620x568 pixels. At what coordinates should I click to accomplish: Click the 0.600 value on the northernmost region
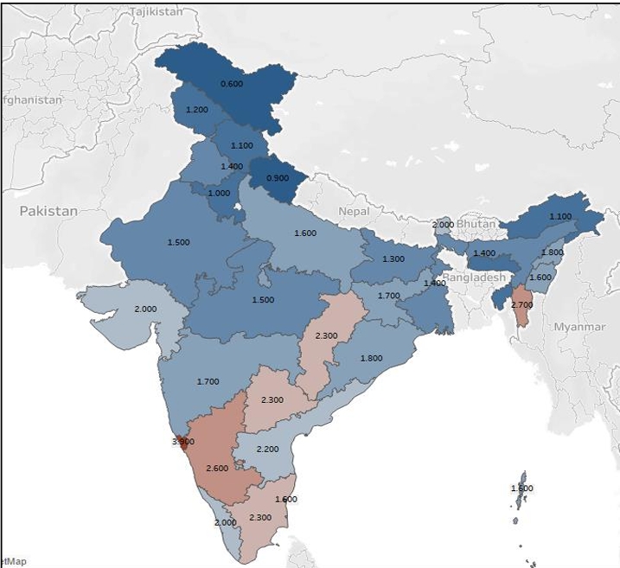[x=232, y=84]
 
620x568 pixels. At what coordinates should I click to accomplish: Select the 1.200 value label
[x=197, y=111]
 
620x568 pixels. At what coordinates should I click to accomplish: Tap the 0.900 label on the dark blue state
[x=278, y=177]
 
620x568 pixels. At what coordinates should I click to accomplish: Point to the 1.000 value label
[x=219, y=193]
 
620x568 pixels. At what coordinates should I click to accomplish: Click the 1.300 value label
[x=393, y=259]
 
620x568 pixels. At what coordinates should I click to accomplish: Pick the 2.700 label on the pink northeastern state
[x=522, y=305]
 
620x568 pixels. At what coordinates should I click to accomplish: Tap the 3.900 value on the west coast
[x=182, y=442]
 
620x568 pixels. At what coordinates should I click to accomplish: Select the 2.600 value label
[x=217, y=468]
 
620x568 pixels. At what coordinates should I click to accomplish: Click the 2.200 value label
[x=268, y=450]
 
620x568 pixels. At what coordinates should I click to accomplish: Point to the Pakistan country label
[x=49, y=211]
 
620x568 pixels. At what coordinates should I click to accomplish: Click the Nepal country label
[x=353, y=212]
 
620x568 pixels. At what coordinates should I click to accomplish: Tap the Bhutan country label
[x=476, y=224]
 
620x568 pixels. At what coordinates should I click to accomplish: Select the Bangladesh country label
[x=473, y=278]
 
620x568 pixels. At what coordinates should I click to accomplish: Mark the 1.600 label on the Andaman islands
[x=521, y=488]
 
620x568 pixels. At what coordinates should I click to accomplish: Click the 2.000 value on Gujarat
[x=145, y=310]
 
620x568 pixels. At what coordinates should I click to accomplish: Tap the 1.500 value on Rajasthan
[x=178, y=243]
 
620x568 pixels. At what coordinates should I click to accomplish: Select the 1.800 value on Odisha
[x=371, y=358]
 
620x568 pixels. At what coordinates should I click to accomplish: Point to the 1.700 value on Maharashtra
[x=208, y=381]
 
